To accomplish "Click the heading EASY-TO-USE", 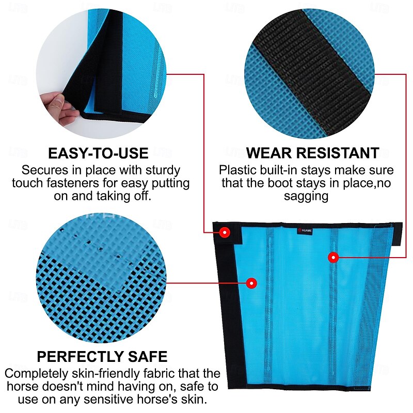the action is click(x=98, y=153).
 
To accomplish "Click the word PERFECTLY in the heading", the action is click(x=80, y=357).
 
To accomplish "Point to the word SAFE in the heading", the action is click(x=148, y=357).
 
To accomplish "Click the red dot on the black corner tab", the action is click(x=225, y=232).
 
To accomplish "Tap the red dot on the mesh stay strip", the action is click(x=333, y=257).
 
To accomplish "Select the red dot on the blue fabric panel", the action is click(x=252, y=283).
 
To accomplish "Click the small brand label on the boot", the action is click(x=305, y=231).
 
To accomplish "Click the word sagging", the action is click(x=306, y=197).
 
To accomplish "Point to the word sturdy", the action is click(x=163, y=171).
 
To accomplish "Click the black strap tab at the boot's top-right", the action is click(x=397, y=234).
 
